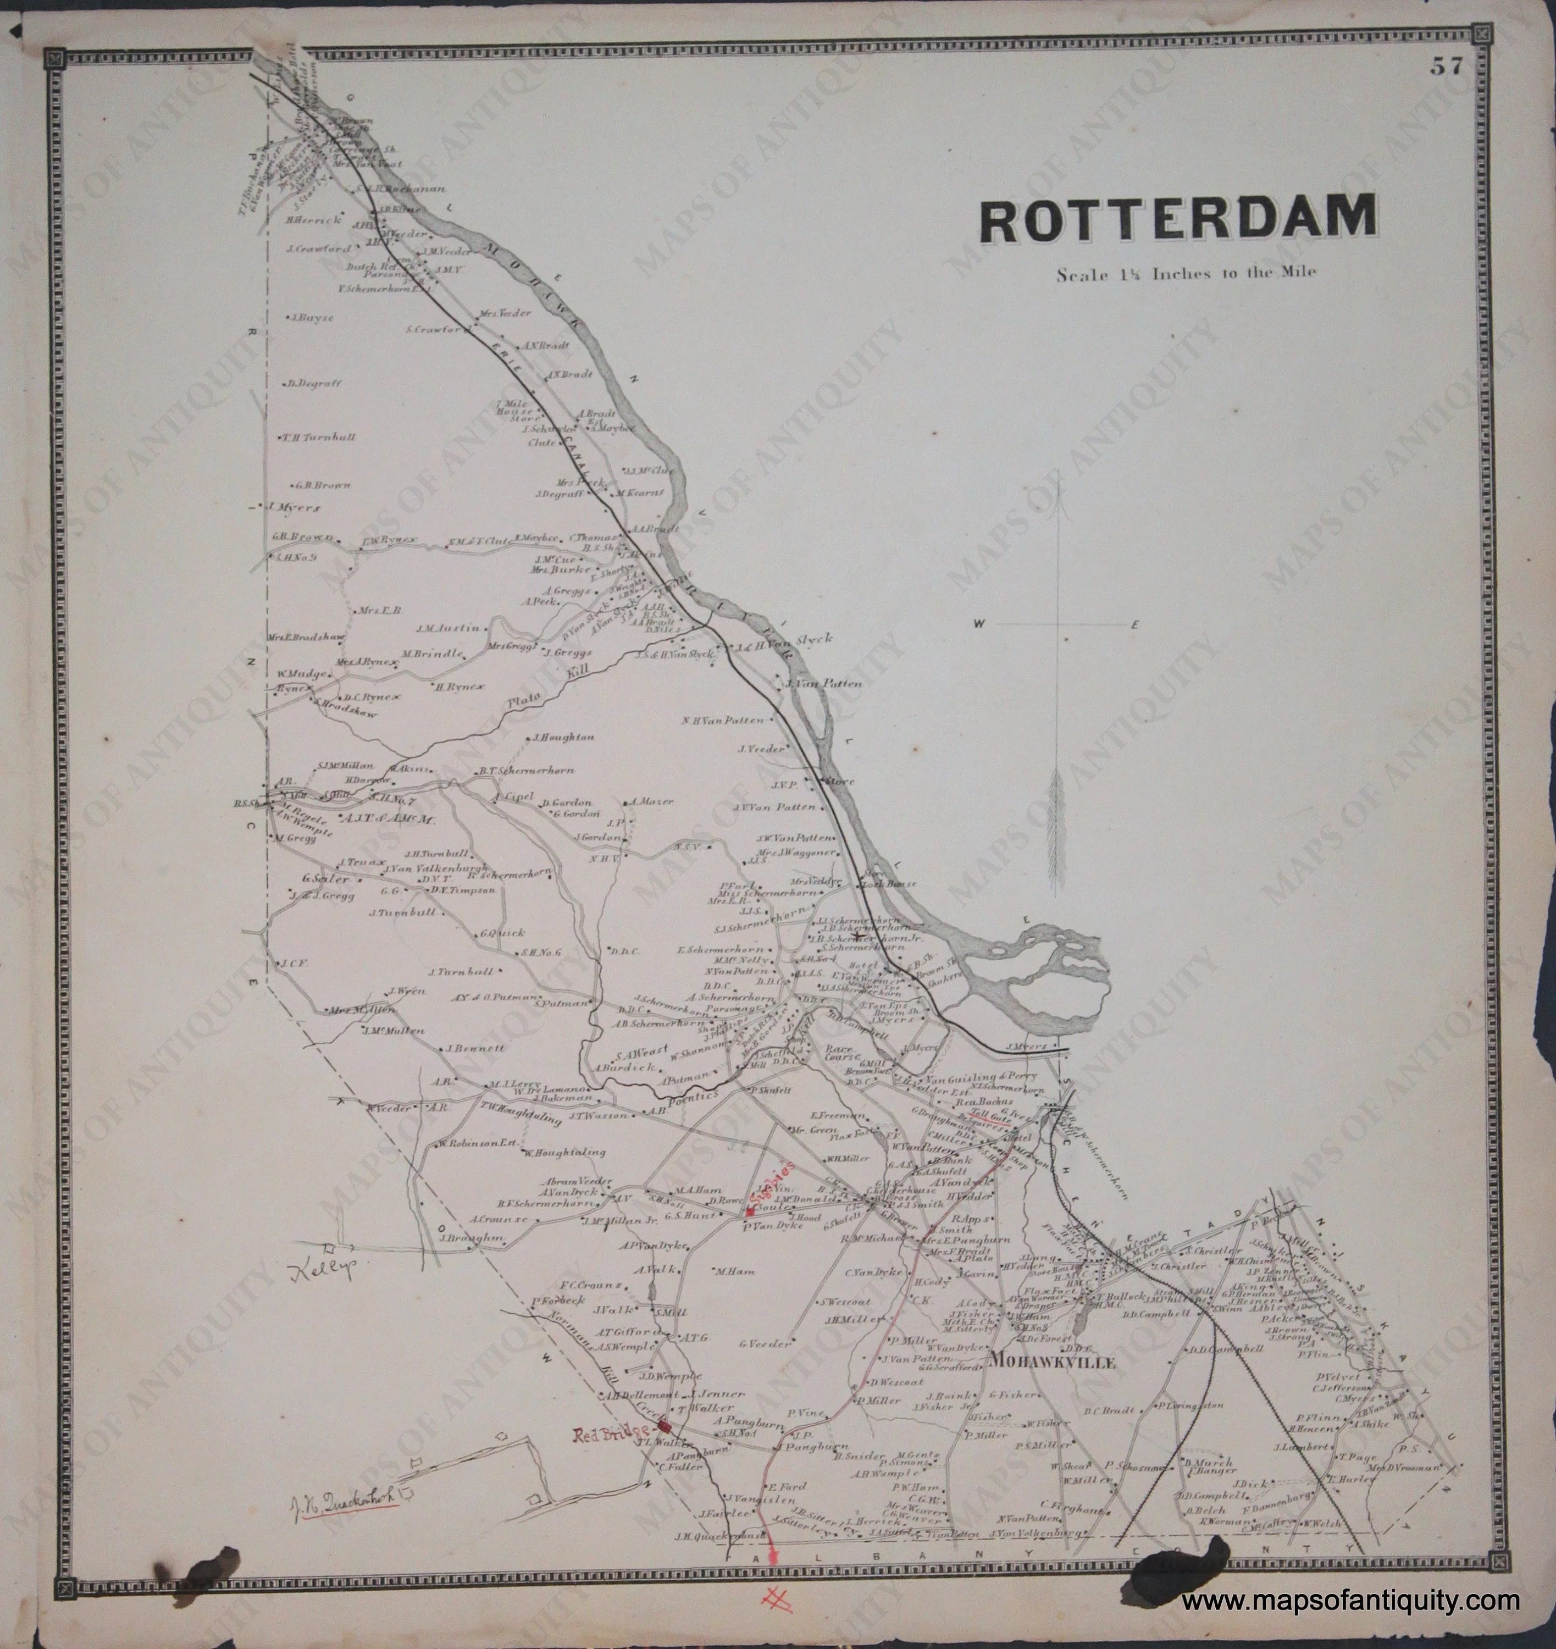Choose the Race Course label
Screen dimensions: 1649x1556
click(839, 1053)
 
